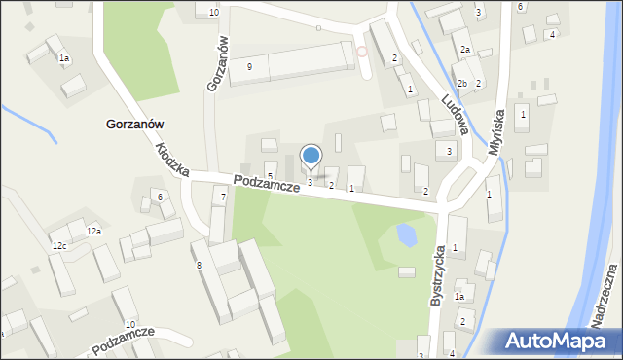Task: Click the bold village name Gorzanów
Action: point(133,125)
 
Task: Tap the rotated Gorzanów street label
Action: point(219,64)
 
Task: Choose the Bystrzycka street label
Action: point(440,276)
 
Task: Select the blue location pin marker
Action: point(311,156)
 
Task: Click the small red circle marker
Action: point(362,52)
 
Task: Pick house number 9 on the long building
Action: point(250,66)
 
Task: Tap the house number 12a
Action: point(93,231)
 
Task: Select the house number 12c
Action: point(60,245)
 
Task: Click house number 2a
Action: point(465,50)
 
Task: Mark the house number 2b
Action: point(462,84)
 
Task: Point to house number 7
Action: point(223,198)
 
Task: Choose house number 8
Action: point(199,265)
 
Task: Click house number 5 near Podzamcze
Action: point(270,176)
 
